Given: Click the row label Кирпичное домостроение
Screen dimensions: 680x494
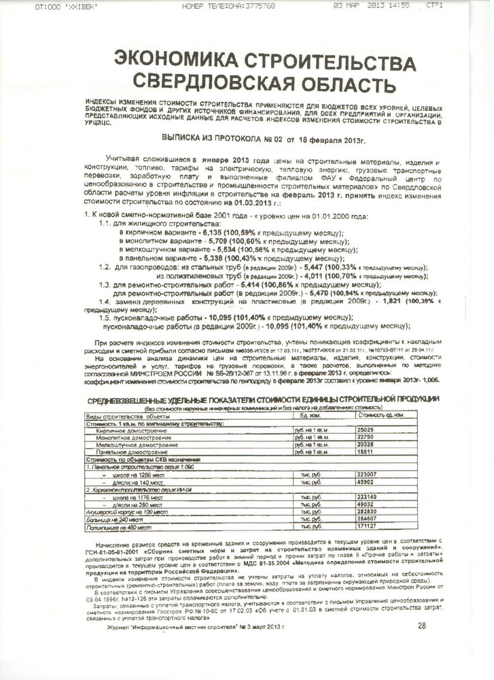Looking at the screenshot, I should [129, 431].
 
